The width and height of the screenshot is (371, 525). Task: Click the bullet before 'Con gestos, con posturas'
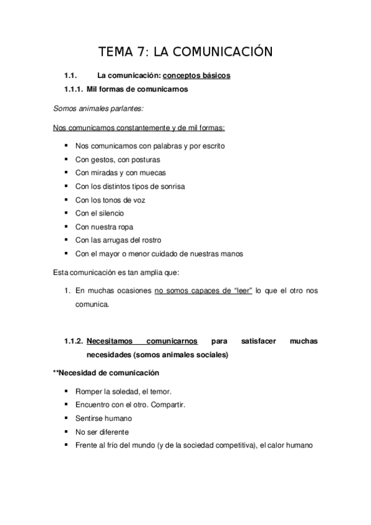point(66,160)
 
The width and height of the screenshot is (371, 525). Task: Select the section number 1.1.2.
point(74,341)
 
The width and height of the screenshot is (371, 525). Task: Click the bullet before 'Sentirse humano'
point(66,419)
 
